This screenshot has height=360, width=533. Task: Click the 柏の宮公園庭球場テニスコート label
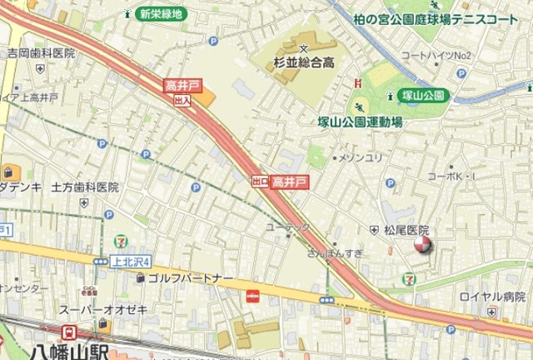pyautogui.click(x=435, y=18)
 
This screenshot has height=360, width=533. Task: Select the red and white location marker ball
pyautogui.click(x=424, y=243)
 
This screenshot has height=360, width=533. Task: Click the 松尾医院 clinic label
pyautogui.click(x=406, y=229)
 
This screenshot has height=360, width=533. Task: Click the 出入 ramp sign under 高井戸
pyautogui.click(x=182, y=99)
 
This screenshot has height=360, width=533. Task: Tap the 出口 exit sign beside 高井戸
pyautogui.click(x=260, y=181)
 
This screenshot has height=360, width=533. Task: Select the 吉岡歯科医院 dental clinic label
pyautogui.click(x=41, y=52)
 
